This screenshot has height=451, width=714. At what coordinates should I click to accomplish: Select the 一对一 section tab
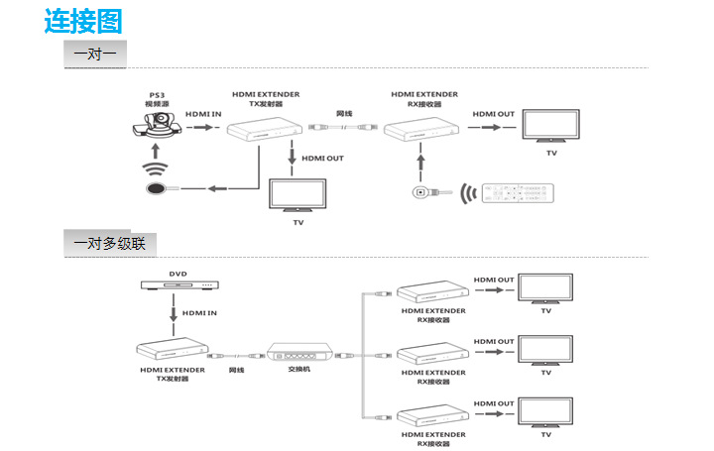coord(95,54)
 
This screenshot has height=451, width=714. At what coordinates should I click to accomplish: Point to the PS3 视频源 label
coord(157,99)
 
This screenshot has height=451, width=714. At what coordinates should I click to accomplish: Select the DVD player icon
coord(178,287)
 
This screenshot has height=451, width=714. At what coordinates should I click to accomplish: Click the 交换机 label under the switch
coord(299,370)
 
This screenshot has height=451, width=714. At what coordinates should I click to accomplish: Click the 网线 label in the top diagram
coord(344,114)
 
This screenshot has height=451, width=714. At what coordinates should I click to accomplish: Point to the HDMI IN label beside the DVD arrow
coord(199,312)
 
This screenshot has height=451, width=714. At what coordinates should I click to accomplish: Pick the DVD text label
coord(178,273)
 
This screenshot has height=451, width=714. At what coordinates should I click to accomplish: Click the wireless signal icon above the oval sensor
coord(155,165)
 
